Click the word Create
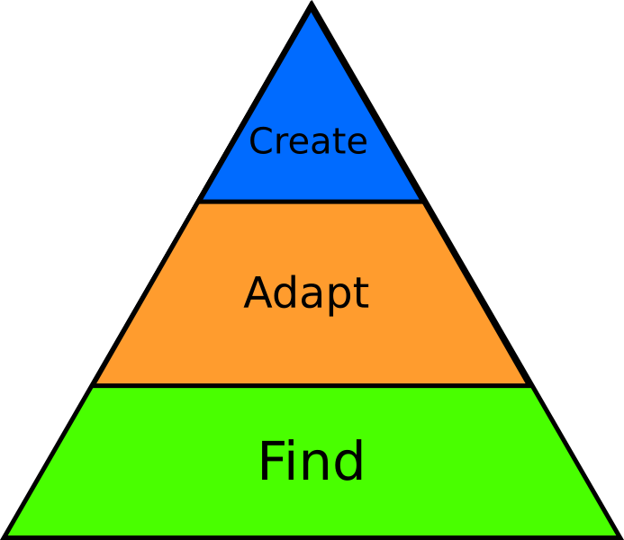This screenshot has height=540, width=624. pos(308,141)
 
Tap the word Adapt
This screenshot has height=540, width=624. pos(306,293)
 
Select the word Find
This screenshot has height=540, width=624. pos(312,462)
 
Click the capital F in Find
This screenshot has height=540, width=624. pos(271,462)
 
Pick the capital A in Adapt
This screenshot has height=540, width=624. pos(258,293)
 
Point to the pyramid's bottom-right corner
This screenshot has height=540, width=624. pos(618,535)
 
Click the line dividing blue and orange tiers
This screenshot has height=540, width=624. pos(311,202)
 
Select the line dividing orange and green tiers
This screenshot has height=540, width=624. pos(312,386)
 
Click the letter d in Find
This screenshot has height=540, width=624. pos(348,462)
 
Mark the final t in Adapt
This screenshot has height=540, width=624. pos(360,294)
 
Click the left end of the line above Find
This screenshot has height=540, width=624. pos(93,386)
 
